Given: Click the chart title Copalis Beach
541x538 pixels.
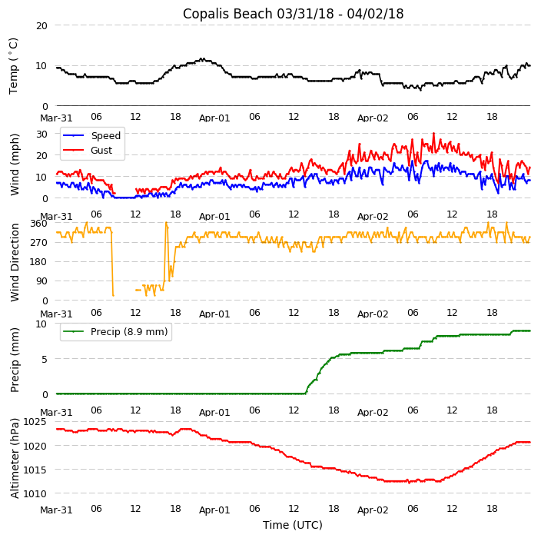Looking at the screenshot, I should click(293, 14).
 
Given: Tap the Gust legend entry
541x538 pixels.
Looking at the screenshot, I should click(101, 151).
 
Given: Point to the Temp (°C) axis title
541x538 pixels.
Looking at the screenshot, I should click(14, 65).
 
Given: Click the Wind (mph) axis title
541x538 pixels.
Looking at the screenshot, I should click(15, 164).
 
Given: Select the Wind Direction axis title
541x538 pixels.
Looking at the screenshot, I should click(15, 262).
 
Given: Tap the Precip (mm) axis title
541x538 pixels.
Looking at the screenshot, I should click(15, 360).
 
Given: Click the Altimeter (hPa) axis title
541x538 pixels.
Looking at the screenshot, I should click(15, 459).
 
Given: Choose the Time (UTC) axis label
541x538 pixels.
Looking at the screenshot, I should click(293, 525).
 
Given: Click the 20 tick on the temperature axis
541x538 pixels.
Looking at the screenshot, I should click(41, 25).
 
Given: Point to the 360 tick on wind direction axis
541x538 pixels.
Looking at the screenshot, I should click(38, 224).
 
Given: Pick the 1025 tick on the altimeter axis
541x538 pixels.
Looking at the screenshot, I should click(35, 422).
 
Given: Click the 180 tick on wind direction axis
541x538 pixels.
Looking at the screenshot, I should click(38, 262).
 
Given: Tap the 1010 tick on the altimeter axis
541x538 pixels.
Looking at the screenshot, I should click(35, 493).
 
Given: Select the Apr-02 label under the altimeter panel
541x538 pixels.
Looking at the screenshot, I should click(373, 510).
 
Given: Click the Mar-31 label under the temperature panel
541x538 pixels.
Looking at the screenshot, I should click(56, 118).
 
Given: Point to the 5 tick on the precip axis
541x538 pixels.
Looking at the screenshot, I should click(45, 359).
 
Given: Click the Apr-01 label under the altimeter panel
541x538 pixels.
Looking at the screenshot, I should click(214, 510).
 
